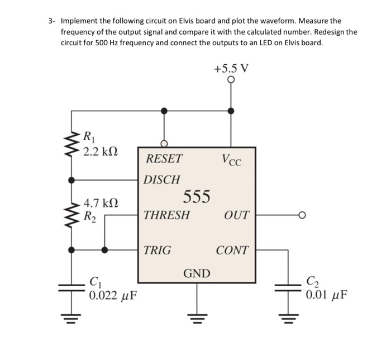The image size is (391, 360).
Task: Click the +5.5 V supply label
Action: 231,69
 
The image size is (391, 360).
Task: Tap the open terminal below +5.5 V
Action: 231,80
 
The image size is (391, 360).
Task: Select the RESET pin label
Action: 164,159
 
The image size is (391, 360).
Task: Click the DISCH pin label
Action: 162,180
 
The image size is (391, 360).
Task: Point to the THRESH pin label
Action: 166,215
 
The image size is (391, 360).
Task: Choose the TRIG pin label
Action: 158,250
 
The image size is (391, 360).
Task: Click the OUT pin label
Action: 236,215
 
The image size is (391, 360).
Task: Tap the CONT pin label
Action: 232,250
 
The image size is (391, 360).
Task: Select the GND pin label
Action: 197,273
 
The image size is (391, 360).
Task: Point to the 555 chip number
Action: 197,197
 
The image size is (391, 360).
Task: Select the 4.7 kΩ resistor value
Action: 101,203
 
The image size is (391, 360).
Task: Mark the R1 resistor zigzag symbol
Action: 71,143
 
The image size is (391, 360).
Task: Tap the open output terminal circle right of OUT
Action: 302,215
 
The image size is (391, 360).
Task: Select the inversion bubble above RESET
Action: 164,144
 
